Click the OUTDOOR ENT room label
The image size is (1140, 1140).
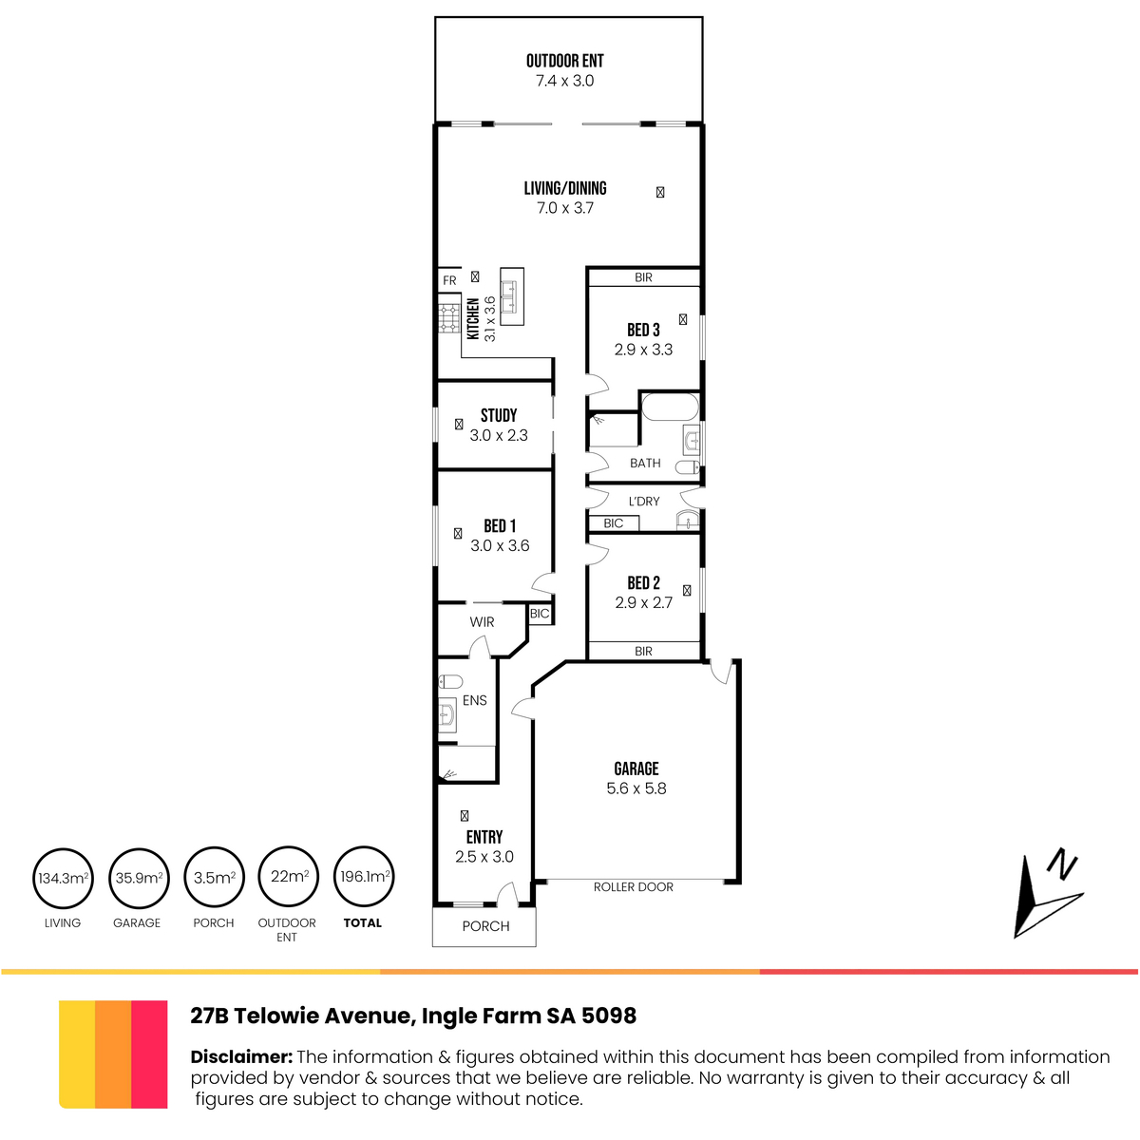[564, 61]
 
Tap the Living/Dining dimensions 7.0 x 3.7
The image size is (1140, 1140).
[565, 208]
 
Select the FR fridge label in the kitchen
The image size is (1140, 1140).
[449, 280]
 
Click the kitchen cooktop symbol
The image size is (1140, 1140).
[449, 319]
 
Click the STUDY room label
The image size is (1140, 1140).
[499, 415]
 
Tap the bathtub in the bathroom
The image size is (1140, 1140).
[671, 407]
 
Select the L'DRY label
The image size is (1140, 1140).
[644, 502]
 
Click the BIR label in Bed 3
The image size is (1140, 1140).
[644, 277]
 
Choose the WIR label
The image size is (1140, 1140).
[483, 621]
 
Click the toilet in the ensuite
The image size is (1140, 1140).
[450, 682]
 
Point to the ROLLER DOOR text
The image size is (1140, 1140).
[634, 886]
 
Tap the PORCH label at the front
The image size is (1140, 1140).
[485, 926]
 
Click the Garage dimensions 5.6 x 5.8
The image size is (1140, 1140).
[636, 788]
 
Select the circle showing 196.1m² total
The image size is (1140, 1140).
[364, 876]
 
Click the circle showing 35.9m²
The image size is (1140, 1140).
[139, 878]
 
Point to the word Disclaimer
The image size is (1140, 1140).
[241, 1056]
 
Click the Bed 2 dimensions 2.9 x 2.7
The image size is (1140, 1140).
[644, 602]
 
